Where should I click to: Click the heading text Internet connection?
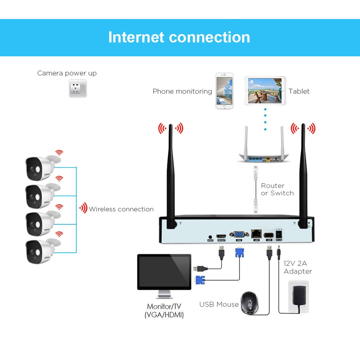(179, 37)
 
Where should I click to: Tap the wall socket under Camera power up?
(78, 88)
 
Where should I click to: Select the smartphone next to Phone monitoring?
(224, 91)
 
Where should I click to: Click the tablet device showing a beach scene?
(265, 91)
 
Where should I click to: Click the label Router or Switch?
(277, 189)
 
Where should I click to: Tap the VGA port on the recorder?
(239, 235)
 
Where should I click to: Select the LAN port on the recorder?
(256, 234)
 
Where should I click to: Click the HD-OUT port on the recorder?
(221, 235)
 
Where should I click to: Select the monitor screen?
(164, 271)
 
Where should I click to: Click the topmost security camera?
(40, 167)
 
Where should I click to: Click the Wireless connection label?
(121, 209)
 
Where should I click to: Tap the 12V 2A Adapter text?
(297, 267)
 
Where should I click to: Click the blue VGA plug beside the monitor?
(200, 280)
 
